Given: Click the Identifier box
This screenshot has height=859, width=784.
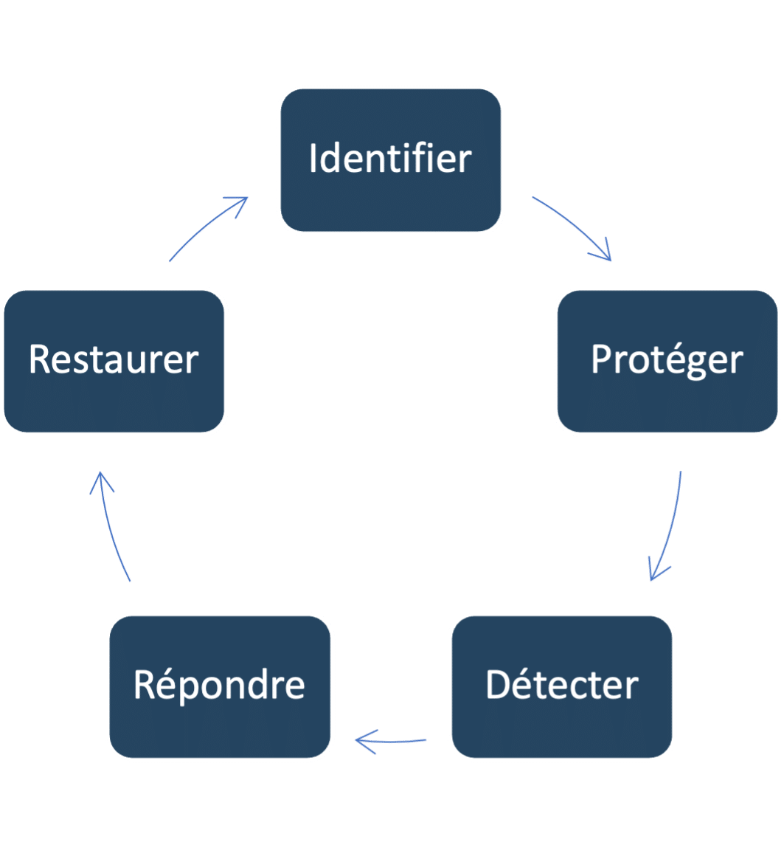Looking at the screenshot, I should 391,160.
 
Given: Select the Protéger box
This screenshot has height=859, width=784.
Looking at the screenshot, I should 667,361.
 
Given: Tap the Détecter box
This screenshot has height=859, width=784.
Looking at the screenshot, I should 562,686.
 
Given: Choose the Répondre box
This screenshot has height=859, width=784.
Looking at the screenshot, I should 220,686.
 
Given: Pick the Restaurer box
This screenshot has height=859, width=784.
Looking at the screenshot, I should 114,361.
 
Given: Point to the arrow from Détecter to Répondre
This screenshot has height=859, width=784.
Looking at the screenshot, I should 391,740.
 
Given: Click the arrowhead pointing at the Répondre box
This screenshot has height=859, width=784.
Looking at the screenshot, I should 361,740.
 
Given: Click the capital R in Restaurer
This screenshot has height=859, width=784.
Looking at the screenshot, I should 40,361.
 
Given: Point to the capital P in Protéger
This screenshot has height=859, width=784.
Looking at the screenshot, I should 603,360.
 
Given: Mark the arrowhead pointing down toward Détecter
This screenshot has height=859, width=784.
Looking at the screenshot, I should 654,572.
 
